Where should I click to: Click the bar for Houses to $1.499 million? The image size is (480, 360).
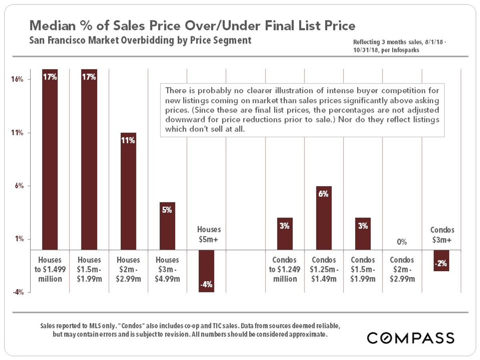coord(50,160)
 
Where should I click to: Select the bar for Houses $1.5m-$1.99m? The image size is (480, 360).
coord(89,160)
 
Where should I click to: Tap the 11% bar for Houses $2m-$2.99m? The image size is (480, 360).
coord(128,192)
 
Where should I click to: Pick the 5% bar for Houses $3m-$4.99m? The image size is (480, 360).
coord(167,226)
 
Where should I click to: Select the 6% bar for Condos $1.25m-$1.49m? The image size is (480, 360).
coord(324,218)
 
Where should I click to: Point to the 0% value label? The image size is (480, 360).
coord(402,242)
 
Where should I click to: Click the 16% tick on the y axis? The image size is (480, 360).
coord(16,80)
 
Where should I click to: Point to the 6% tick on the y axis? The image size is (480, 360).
coord(17,186)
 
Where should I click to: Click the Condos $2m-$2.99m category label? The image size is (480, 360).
coord(402,269)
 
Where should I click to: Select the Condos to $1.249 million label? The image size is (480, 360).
coord(284,269)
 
